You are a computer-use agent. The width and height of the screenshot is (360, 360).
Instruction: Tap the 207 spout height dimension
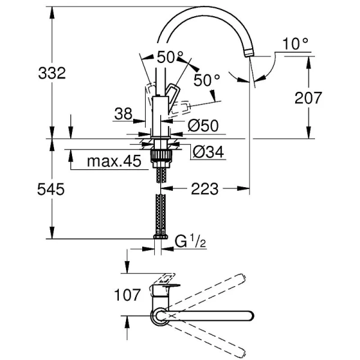tap(308, 97)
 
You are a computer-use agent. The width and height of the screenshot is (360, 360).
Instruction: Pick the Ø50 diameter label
tap(202, 126)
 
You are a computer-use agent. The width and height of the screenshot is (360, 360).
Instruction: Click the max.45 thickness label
tap(113, 161)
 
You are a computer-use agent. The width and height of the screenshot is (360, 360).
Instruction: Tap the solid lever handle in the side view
tap(173, 94)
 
